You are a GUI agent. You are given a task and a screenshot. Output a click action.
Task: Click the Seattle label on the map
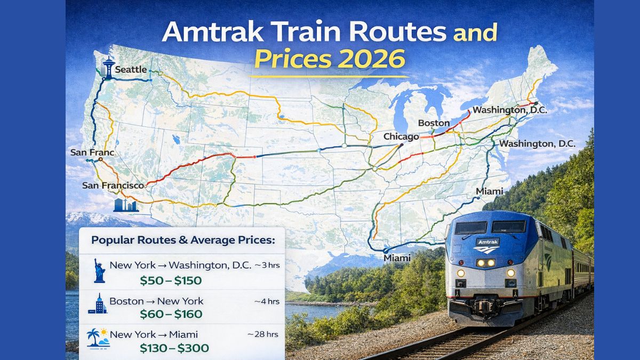(131, 69)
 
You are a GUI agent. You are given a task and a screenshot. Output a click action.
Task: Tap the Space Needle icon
(109, 67)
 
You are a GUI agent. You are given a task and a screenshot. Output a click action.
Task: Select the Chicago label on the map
(401, 137)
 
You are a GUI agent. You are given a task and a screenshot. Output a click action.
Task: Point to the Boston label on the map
(434, 123)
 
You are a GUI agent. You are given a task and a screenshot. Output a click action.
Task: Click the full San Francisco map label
(113, 186)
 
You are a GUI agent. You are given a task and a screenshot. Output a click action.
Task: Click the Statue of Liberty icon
(99, 270)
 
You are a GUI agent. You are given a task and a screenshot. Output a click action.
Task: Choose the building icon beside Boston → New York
(98, 304)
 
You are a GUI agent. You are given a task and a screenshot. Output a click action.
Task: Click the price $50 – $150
(171, 281)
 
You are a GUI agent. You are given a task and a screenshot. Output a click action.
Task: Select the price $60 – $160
(171, 314)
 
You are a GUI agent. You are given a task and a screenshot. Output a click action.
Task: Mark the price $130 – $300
(174, 348)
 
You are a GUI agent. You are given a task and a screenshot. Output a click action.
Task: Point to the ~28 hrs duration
(263, 334)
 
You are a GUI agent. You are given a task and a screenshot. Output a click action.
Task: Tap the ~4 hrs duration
(267, 301)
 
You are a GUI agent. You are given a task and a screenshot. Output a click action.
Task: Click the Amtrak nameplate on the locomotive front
(487, 242)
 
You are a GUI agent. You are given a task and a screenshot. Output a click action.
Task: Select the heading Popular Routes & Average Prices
(183, 240)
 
